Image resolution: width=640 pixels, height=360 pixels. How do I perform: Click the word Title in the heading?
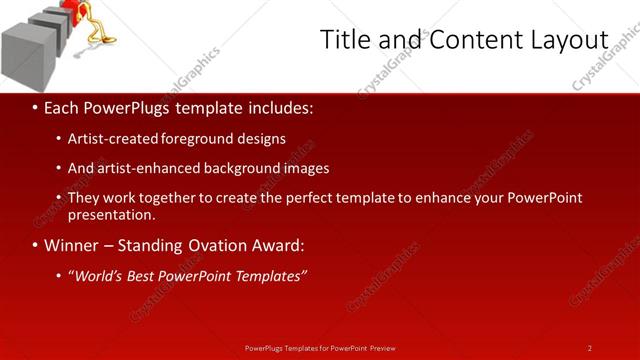pos(344,40)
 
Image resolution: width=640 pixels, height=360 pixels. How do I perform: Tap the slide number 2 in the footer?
pos(589,348)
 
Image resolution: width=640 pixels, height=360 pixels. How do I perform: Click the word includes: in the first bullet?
pos(278,106)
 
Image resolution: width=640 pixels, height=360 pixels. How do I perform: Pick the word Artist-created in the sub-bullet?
pos(111,139)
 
